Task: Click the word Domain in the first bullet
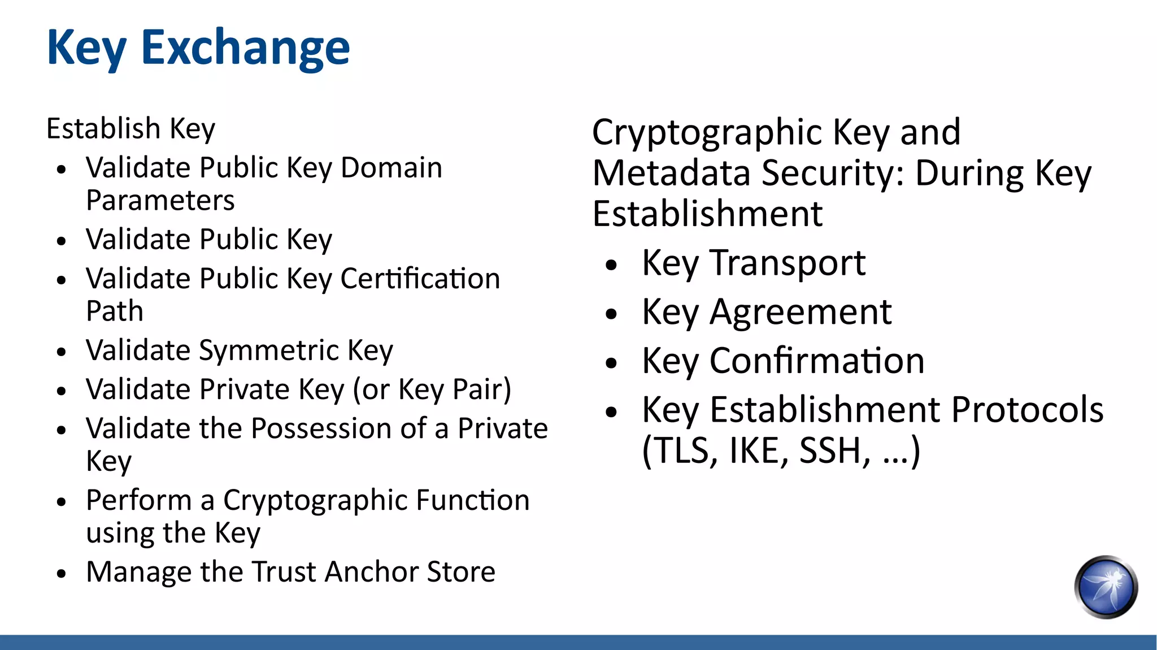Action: pyautogui.click(x=391, y=168)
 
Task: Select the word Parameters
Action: pyautogui.click(x=160, y=201)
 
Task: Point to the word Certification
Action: pyautogui.click(x=420, y=279)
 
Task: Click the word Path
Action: pyautogui.click(x=115, y=311)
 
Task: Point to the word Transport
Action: pyautogui.click(x=788, y=263)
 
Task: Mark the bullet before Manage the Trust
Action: pyautogui.click(x=62, y=574)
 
